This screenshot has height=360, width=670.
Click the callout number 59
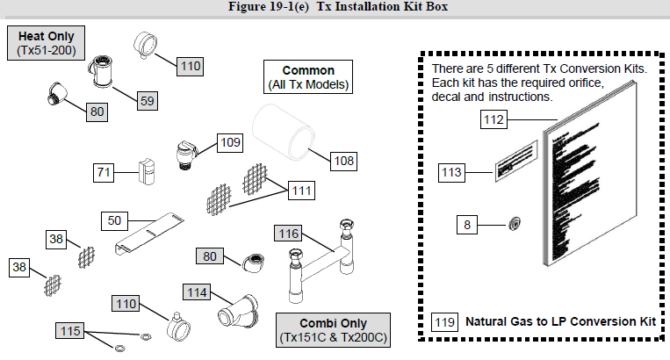(x=148, y=101)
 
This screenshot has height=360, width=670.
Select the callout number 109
(x=230, y=141)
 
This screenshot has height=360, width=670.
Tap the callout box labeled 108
(x=343, y=161)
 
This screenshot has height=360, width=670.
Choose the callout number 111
(x=302, y=190)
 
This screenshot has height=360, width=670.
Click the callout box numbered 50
(x=115, y=220)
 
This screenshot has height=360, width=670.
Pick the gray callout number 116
(x=289, y=234)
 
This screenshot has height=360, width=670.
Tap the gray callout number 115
(x=70, y=330)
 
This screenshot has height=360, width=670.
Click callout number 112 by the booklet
(x=494, y=120)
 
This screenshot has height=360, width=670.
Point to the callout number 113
(x=451, y=173)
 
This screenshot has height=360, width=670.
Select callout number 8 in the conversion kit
(x=467, y=225)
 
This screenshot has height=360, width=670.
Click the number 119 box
(x=444, y=322)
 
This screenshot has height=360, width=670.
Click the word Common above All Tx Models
(x=308, y=70)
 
